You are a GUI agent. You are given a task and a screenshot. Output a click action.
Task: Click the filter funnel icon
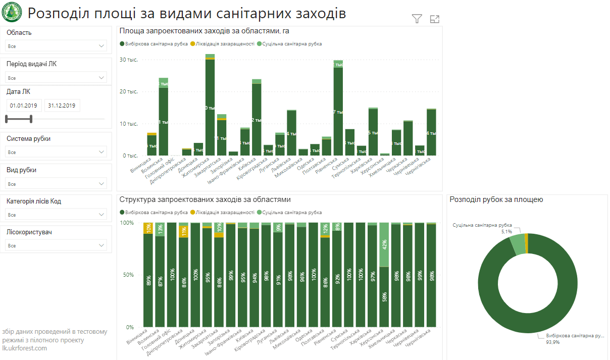point(417,19)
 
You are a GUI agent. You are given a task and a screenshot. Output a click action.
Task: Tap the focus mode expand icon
point(435,19)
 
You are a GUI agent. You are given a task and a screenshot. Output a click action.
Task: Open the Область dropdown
point(56,46)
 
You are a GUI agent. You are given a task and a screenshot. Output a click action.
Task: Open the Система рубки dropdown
point(56,152)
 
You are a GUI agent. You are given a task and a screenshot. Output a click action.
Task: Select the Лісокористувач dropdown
point(56,245)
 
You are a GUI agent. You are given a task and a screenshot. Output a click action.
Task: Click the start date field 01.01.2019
point(24,106)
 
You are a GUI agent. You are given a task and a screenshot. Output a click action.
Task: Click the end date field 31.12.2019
point(62,106)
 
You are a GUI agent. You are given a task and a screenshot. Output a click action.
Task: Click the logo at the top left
point(11,12)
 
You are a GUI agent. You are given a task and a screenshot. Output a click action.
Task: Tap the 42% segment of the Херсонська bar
point(384,244)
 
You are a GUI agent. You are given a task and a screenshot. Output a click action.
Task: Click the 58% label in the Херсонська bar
point(384,296)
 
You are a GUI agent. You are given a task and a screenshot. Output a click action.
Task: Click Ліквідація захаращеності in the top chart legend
point(222,44)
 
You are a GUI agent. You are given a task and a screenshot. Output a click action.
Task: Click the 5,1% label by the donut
point(506,232)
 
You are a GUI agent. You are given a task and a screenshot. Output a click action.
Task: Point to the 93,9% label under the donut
point(552,342)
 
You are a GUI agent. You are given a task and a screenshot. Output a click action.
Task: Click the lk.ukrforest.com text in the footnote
point(25,348)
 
